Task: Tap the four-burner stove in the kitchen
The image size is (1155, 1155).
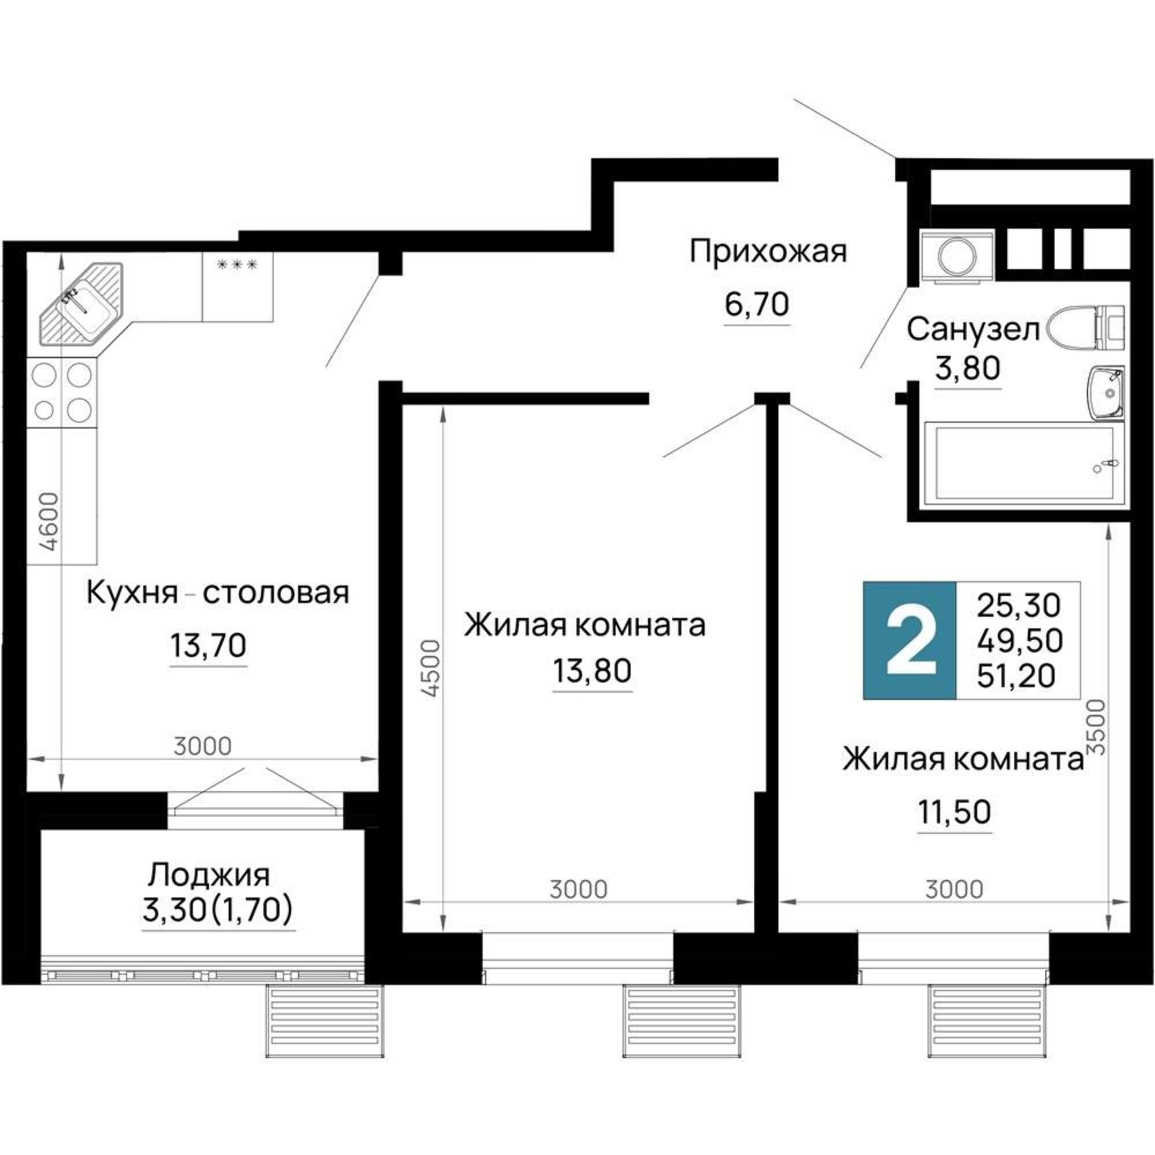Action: (x=62, y=392)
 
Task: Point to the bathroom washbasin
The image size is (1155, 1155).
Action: (x=1106, y=393)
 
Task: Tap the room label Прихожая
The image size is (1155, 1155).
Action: (x=768, y=252)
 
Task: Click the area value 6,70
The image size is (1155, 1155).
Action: (x=757, y=304)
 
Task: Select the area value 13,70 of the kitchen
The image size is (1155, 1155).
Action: (x=208, y=645)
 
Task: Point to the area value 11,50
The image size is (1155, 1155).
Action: (x=954, y=812)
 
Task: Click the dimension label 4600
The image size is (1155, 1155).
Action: (x=51, y=521)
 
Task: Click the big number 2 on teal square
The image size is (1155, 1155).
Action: (x=910, y=641)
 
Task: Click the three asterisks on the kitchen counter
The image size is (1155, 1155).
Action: (x=237, y=264)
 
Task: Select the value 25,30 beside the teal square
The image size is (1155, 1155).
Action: (x=1018, y=605)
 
